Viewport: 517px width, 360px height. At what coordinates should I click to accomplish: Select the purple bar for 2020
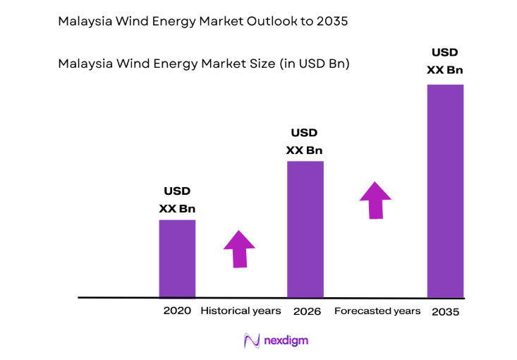177,258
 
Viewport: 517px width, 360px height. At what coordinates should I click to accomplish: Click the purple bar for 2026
305,229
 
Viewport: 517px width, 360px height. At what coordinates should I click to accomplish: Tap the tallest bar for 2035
445,191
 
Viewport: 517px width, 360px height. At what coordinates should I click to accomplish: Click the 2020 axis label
177,311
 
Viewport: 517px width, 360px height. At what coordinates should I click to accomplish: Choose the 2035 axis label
445,311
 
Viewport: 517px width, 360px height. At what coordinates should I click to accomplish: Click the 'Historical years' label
241,311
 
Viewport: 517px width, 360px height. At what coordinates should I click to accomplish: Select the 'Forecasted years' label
377,311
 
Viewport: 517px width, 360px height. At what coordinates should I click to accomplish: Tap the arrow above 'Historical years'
239,248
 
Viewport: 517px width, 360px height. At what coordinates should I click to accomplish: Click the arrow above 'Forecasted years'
375,200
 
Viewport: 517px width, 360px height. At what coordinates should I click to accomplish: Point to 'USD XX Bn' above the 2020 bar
177,199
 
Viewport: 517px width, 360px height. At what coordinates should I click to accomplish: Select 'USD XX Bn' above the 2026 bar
305,141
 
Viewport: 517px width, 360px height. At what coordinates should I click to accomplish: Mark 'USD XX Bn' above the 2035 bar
445,61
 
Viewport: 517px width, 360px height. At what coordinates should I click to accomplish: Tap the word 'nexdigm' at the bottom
286,341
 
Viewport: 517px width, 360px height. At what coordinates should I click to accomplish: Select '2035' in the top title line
332,22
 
